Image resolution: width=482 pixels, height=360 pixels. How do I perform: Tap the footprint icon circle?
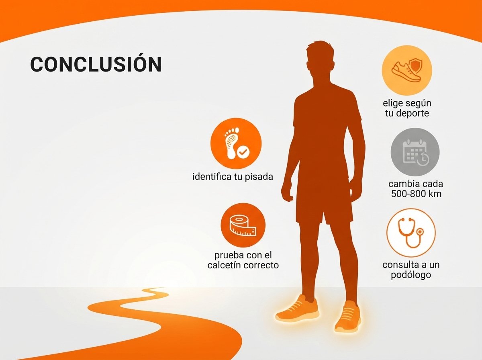236,143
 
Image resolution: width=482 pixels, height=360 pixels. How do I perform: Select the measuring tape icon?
243,225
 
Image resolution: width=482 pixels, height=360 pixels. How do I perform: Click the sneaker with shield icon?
407,70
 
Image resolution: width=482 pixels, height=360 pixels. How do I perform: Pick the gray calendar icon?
415,152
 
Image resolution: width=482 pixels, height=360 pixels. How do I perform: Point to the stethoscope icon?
411,233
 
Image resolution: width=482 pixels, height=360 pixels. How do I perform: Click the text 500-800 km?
417,194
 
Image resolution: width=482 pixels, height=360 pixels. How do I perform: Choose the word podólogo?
411,275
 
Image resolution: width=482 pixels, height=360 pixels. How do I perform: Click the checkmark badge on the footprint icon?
243,151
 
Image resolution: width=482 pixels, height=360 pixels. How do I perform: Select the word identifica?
212,177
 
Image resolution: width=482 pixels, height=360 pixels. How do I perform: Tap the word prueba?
229,256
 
